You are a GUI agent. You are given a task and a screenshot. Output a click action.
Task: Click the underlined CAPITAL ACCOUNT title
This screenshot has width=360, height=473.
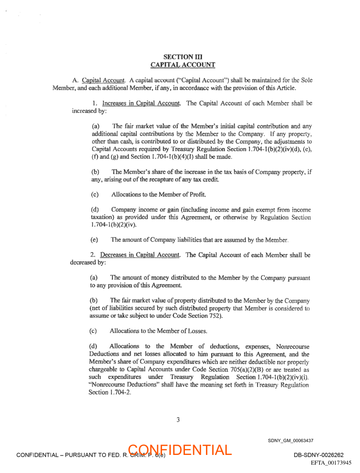tap(183, 65)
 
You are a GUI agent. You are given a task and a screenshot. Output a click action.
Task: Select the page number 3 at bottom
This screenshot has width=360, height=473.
tap(178, 420)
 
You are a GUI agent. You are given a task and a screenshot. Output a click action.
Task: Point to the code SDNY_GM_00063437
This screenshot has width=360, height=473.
tap(290, 440)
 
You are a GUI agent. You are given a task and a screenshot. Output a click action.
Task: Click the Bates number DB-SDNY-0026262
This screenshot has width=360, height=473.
tap(319, 455)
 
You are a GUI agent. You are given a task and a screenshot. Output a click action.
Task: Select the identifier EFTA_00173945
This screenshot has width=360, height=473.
tap(331, 463)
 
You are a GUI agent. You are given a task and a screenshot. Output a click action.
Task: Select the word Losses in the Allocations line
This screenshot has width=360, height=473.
tap(196, 331)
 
